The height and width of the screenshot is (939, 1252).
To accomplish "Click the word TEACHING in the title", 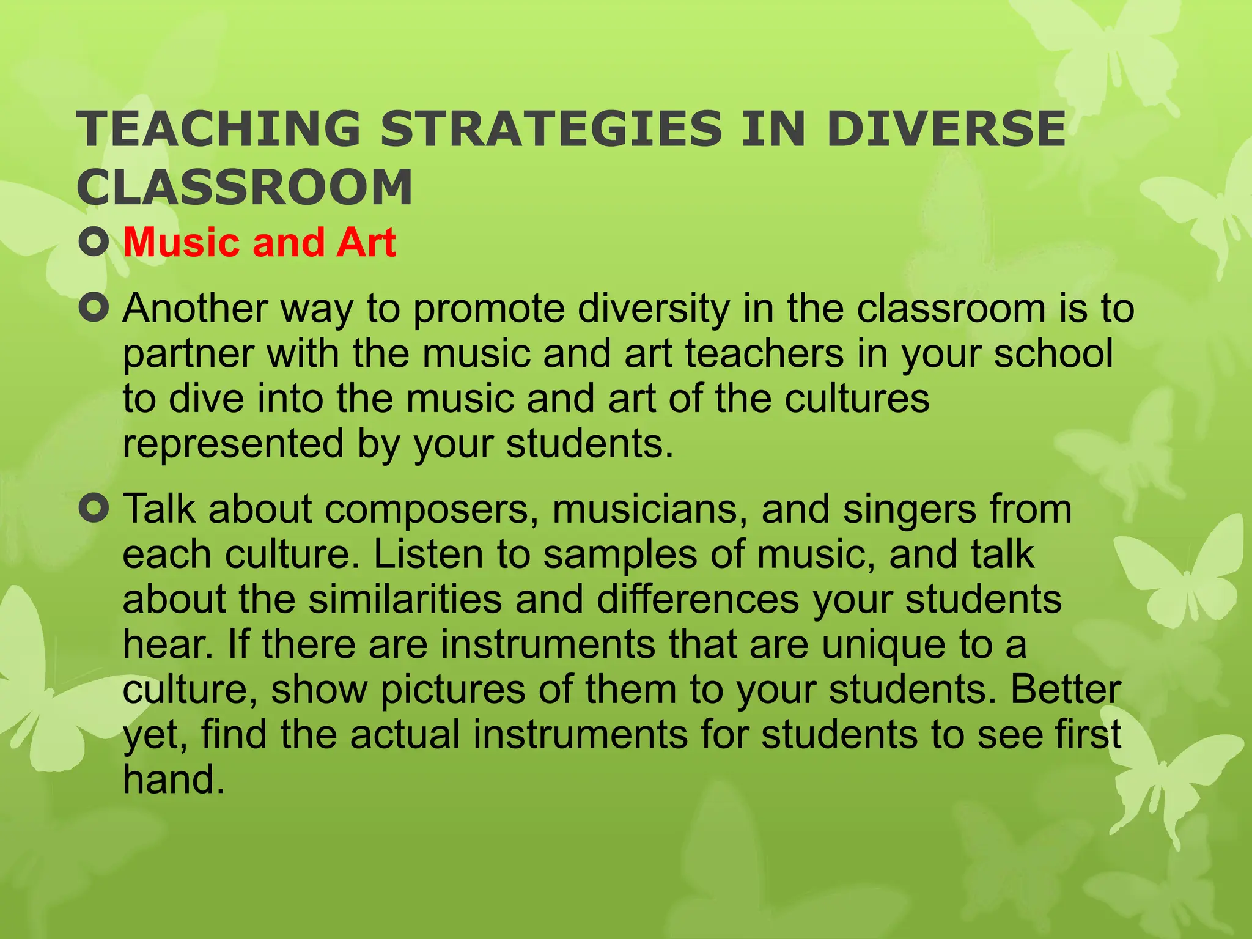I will (x=218, y=129).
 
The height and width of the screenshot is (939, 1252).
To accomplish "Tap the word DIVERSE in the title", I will (x=946, y=129).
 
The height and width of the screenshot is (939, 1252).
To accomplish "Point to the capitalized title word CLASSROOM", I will (x=245, y=187).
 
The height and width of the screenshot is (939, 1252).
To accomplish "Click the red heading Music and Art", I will (x=260, y=243).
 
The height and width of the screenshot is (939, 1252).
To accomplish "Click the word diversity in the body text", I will (x=654, y=309).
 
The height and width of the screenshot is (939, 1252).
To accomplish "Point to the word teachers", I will (x=764, y=354).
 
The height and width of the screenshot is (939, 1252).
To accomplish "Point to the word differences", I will (x=698, y=599).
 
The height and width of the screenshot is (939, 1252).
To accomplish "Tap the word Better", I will (x=1065, y=690).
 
